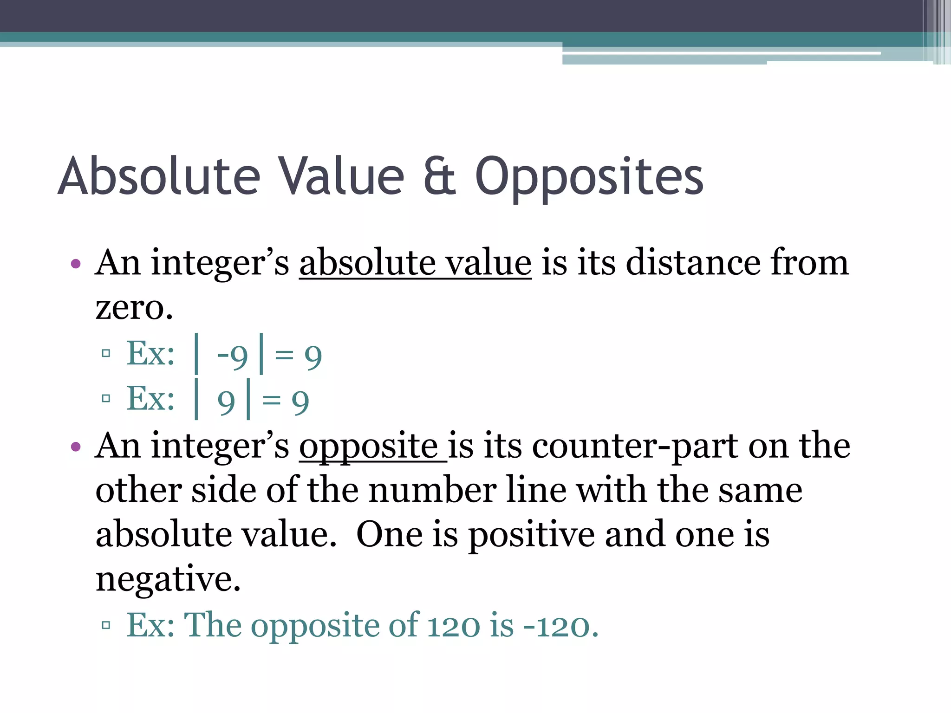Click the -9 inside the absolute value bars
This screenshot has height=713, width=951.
coord(233,356)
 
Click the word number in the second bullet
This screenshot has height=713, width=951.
coord(432,491)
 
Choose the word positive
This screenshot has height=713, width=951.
coord(531,535)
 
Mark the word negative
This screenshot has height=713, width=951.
coord(168,579)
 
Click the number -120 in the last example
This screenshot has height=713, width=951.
coord(560,626)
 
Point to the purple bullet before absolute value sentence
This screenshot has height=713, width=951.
coord(76,265)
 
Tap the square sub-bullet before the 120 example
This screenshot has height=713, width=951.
coord(106,625)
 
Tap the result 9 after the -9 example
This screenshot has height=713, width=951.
coord(313,356)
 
